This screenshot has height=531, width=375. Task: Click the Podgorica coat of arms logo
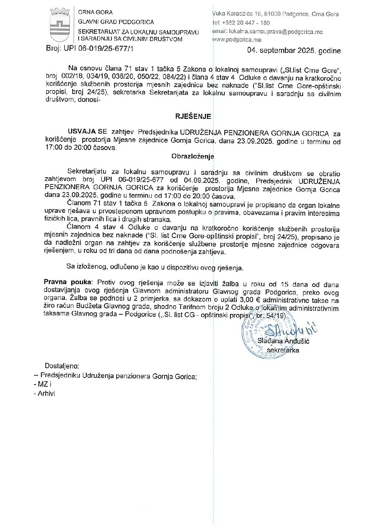(x=60, y=26)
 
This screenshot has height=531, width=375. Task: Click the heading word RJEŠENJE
(x=193, y=116)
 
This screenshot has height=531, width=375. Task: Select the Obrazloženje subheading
(x=193, y=156)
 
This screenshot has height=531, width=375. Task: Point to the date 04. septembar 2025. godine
(x=294, y=51)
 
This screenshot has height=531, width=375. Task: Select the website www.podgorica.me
(x=236, y=40)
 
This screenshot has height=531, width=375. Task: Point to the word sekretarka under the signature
(x=282, y=350)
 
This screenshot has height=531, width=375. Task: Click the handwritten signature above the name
(x=291, y=330)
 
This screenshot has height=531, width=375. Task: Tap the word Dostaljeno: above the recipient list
(x=62, y=366)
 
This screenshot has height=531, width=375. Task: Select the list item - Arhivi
(x=44, y=393)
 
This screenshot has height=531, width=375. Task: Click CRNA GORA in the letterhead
(x=95, y=12)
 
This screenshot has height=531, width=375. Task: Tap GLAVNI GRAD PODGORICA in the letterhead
(x=116, y=22)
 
